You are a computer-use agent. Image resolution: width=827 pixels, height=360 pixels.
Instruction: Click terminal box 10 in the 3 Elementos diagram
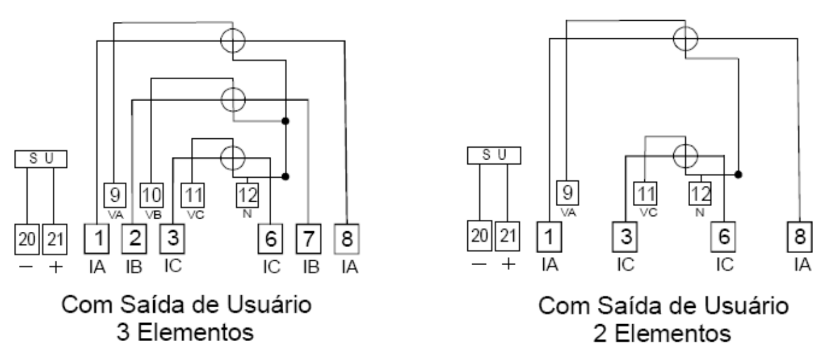(x=151, y=195)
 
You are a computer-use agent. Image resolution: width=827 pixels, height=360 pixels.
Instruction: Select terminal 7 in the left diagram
(x=308, y=239)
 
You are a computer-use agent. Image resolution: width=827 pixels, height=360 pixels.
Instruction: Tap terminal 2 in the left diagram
(x=134, y=239)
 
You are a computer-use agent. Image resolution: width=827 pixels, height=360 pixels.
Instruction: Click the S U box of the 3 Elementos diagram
(x=41, y=159)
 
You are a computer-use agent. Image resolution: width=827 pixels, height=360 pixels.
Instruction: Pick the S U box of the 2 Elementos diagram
(x=494, y=155)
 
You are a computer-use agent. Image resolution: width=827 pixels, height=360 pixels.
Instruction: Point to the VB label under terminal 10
(x=153, y=215)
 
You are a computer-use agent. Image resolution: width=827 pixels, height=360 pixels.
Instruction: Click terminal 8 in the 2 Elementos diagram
(x=799, y=237)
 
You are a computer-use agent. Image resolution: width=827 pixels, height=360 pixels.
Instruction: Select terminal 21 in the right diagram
(x=507, y=236)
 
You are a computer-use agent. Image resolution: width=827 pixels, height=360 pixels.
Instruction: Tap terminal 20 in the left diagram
(x=27, y=239)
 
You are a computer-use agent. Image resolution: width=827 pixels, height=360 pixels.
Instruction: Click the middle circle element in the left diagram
(x=232, y=100)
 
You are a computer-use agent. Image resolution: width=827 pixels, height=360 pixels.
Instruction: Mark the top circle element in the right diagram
(x=685, y=39)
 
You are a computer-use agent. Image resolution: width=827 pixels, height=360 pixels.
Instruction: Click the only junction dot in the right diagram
(x=738, y=175)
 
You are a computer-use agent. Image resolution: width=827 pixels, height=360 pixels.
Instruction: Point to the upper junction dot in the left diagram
(x=285, y=121)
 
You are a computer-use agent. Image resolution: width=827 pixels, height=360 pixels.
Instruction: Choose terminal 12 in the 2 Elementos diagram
(x=700, y=194)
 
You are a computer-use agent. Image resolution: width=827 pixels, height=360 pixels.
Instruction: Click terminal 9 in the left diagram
(x=115, y=195)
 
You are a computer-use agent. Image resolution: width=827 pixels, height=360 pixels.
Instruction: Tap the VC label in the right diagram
(x=648, y=213)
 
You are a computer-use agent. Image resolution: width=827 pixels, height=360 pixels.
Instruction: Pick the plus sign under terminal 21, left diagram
(x=56, y=267)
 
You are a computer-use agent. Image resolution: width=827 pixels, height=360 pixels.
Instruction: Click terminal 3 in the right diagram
(x=625, y=237)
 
